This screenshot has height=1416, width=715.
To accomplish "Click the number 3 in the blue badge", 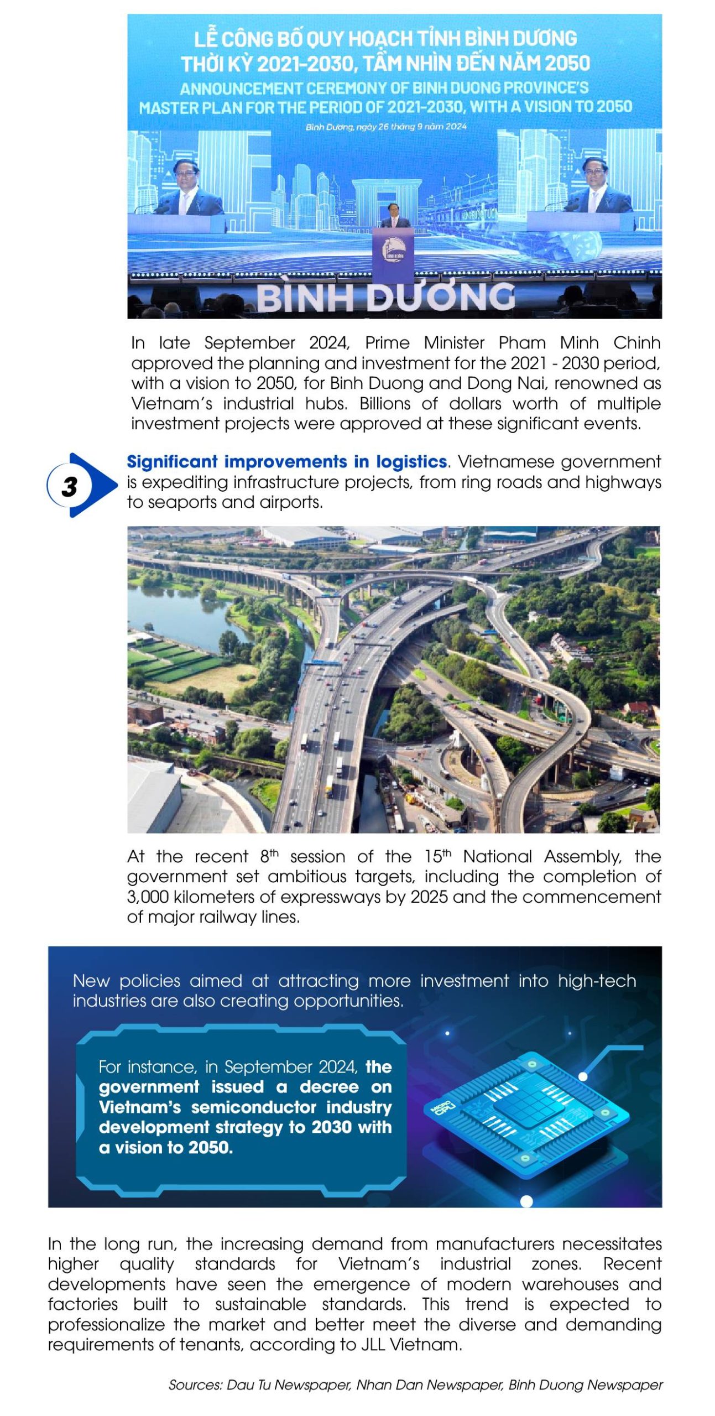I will (x=70, y=486).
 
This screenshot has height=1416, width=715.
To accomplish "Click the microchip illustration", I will (x=526, y=1112).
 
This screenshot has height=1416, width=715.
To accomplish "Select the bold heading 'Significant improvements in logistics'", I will (x=286, y=461).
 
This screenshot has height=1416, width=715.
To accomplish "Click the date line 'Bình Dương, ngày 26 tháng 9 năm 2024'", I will (x=385, y=127).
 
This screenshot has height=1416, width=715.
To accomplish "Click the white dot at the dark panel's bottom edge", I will (x=526, y=1201).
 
